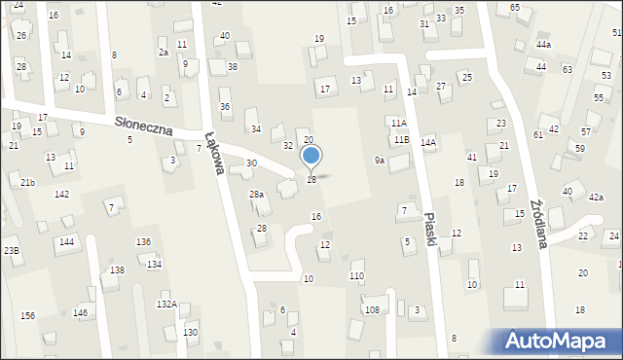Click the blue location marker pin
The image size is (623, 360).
(311, 156)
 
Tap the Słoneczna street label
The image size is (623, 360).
(144, 124)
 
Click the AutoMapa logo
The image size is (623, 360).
(556, 342)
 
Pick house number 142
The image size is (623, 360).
(61, 195)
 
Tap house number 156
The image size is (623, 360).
(27, 315)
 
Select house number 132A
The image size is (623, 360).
(166, 305)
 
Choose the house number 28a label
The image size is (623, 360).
(256, 195)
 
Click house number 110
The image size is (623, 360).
(356, 276)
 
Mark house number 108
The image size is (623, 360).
(371, 309)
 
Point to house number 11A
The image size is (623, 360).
(398, 124)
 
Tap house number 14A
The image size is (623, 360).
(427, 142)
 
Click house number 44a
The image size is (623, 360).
(543, 45)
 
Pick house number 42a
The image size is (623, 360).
(596, 197)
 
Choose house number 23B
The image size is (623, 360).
(11, 250)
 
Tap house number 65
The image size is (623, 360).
(514, 8)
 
